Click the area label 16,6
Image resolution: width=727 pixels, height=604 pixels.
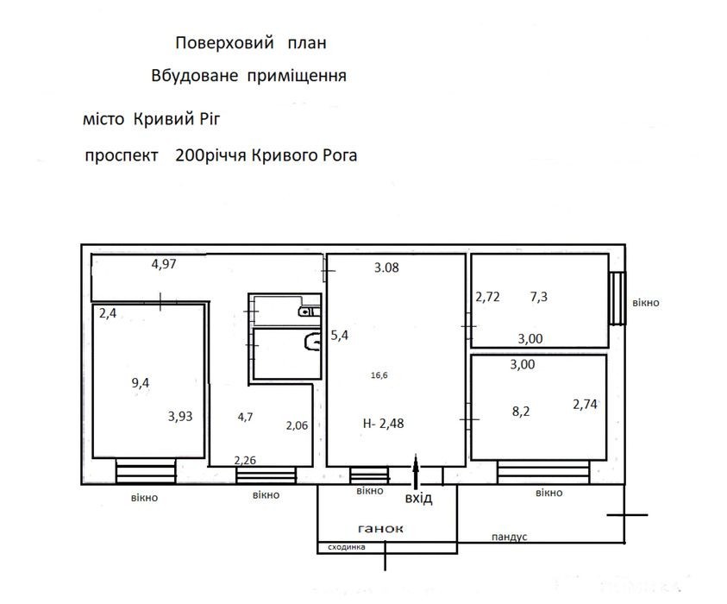pyautogui.click(x=379, y=375)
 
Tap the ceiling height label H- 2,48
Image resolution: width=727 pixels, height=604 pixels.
pyautogui.click(x=384, y=423)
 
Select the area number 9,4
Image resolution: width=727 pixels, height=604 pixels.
pyautogui.click(x=141, y=383)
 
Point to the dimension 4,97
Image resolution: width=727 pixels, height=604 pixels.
pyautogui.click(x=164, y=264)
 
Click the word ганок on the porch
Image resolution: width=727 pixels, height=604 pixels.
pyautogui.click(x=380, y=528)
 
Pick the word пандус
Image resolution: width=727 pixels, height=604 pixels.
pyautogui.click(x=509, y=537)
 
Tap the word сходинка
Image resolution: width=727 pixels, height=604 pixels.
pyautogui.click(x=347, y=547)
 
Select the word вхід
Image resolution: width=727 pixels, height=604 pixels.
pyautogui.click(x=418, y=498)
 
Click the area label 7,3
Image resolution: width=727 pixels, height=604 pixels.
pyautogui.click(x=539, y=297)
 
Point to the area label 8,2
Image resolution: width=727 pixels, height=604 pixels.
pyautogui.click(x=521, y=412)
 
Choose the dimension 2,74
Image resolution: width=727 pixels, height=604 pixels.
pyautogui.click(x=585, y=405)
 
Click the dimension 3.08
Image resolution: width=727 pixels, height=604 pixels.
pyautogui.click(x=386, y=267)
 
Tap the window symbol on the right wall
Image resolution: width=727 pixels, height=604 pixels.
pyautogui.click(x=617, y=299)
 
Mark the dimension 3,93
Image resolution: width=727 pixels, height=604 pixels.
pyautogui.click(x=180, y=416)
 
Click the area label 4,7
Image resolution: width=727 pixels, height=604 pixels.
pyautogui.click(x=245, y=417)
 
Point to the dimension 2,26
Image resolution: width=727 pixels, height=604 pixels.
pyautogui.click(x=245, y=460)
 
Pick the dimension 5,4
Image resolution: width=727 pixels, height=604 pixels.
pyautogui.click(x=340, y=335)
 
